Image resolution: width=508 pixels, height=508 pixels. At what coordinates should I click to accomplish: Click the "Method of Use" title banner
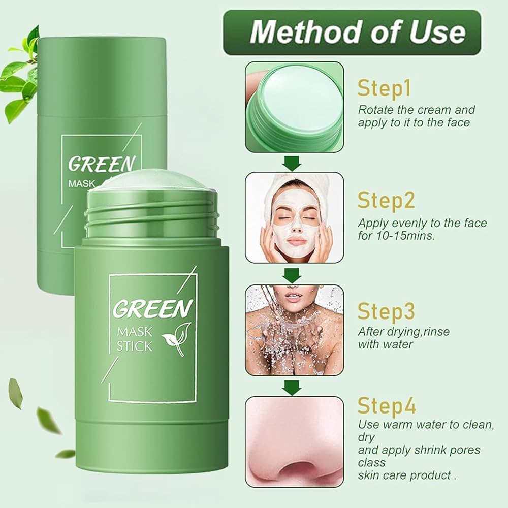click(x=352, y=33)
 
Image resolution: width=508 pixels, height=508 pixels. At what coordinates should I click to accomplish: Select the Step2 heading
click(x=386, y=200)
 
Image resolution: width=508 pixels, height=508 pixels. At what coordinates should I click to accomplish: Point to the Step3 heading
click(x=386, y=311)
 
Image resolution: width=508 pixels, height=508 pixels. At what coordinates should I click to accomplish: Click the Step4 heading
click(x=387, y=405)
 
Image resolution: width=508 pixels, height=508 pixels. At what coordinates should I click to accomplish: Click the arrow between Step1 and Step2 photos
click(x=292, y=163)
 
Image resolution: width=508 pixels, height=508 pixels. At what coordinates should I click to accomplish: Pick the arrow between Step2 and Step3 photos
click(x=292, y=275)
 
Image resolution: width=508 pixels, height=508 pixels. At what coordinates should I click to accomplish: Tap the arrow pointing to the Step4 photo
click(x=292, y=388)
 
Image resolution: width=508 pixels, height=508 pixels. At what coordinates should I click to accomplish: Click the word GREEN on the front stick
click(x=152, y=308)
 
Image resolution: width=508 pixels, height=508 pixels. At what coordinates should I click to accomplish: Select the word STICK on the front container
click(x=134, y=346)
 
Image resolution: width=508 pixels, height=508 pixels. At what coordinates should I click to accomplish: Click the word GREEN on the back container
click(x=102, y=164)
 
